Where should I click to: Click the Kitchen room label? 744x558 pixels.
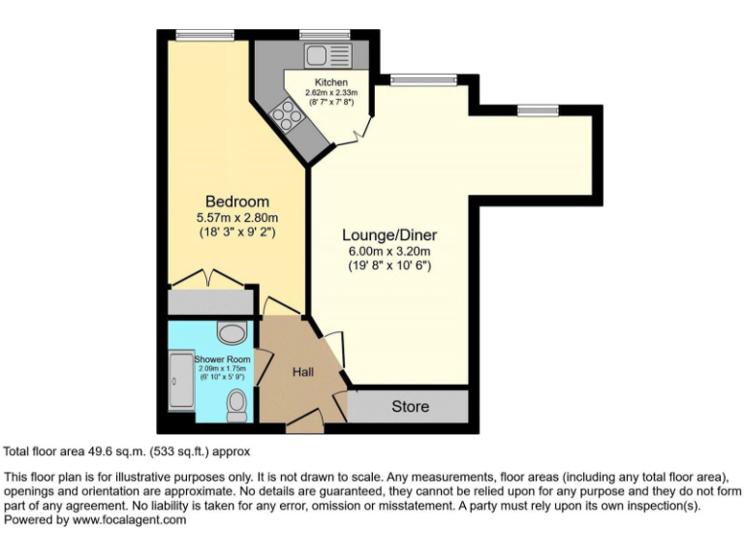coord(330,83)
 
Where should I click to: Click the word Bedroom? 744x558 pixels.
coord(231,201)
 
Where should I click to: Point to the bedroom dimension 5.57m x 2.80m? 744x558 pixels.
coord(231,217)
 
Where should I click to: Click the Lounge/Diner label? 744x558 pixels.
coord(389,235)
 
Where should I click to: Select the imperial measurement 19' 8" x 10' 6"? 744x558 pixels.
coord(389,266)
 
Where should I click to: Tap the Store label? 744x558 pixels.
coord(410,406)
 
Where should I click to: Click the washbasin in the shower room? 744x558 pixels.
coord(231,334)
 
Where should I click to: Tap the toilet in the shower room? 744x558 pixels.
coord(237,405)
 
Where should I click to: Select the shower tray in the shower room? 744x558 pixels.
coord(181,387)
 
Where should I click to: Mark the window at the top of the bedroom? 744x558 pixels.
coord(204,36)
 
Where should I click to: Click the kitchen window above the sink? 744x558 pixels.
coord(325,36)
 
